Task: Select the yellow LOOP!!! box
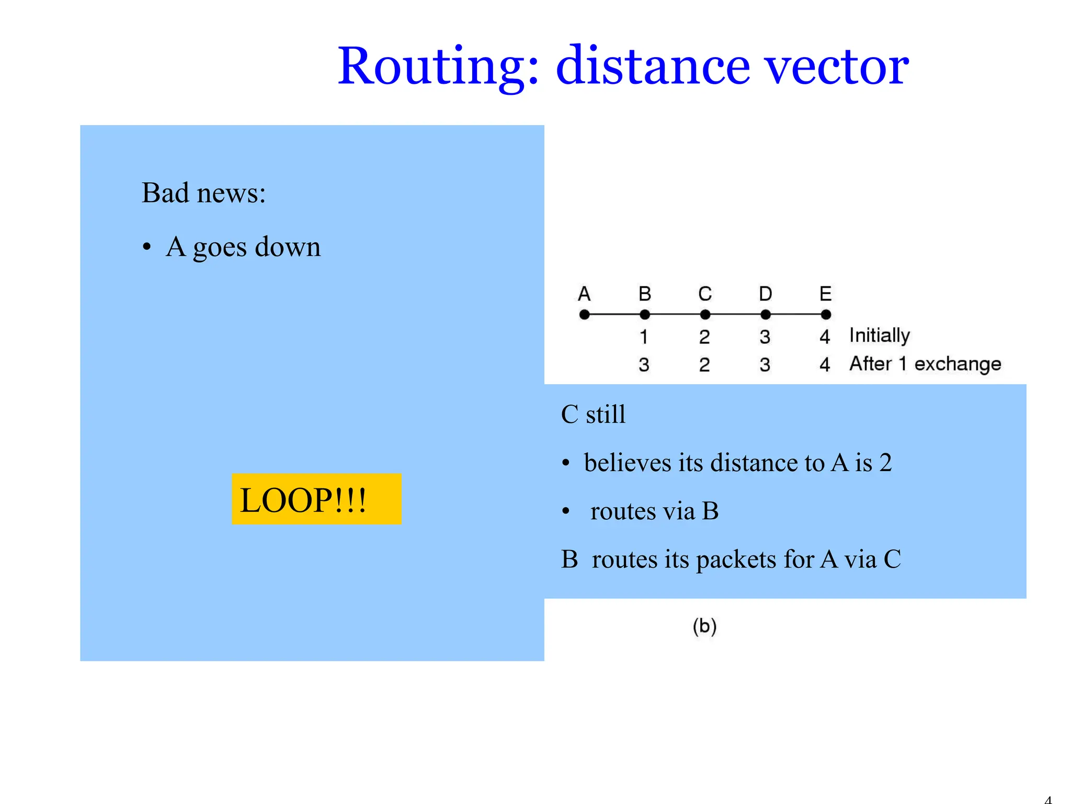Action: click(x=316, y=499)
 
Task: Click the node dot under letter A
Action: click(x=585, y=315)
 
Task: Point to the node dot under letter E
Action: click(x=826, y=315)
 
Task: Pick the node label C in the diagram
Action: click(x=705, y=294)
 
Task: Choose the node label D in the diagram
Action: click(x=766, y=294)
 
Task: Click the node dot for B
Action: click(x=645, y=315)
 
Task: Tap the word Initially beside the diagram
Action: click(x=880, y=336)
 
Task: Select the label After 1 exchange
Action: click(x=925, y=364)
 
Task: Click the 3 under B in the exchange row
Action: click(x=644, y=365)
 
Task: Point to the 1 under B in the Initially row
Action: click(x=644, y=337)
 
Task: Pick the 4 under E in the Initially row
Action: click(x=825, y=337)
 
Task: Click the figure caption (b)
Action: click(x=704, y=626)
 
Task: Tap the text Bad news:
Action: click(x=204, y=193)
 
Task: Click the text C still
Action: click(x=593, y=415)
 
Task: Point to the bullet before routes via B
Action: click(x=565, y=511)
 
